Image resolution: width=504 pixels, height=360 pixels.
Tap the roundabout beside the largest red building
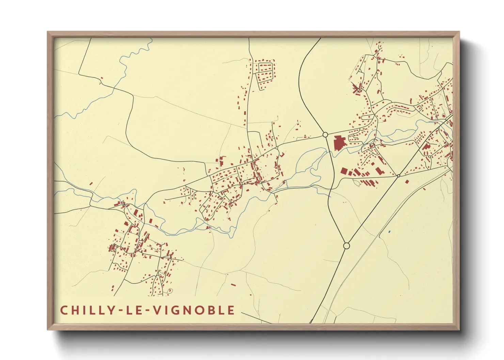[x=325, y=135]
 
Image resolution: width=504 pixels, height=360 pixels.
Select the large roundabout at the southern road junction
[x=346, y=246]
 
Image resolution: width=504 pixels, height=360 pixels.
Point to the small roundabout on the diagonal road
[x=398, y=176]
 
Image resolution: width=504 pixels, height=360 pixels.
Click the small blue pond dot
[x=389, y=232]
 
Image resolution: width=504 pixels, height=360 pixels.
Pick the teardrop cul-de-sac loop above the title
[x=170, y=290]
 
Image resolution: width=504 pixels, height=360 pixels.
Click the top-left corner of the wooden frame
[x=48, y=32]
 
